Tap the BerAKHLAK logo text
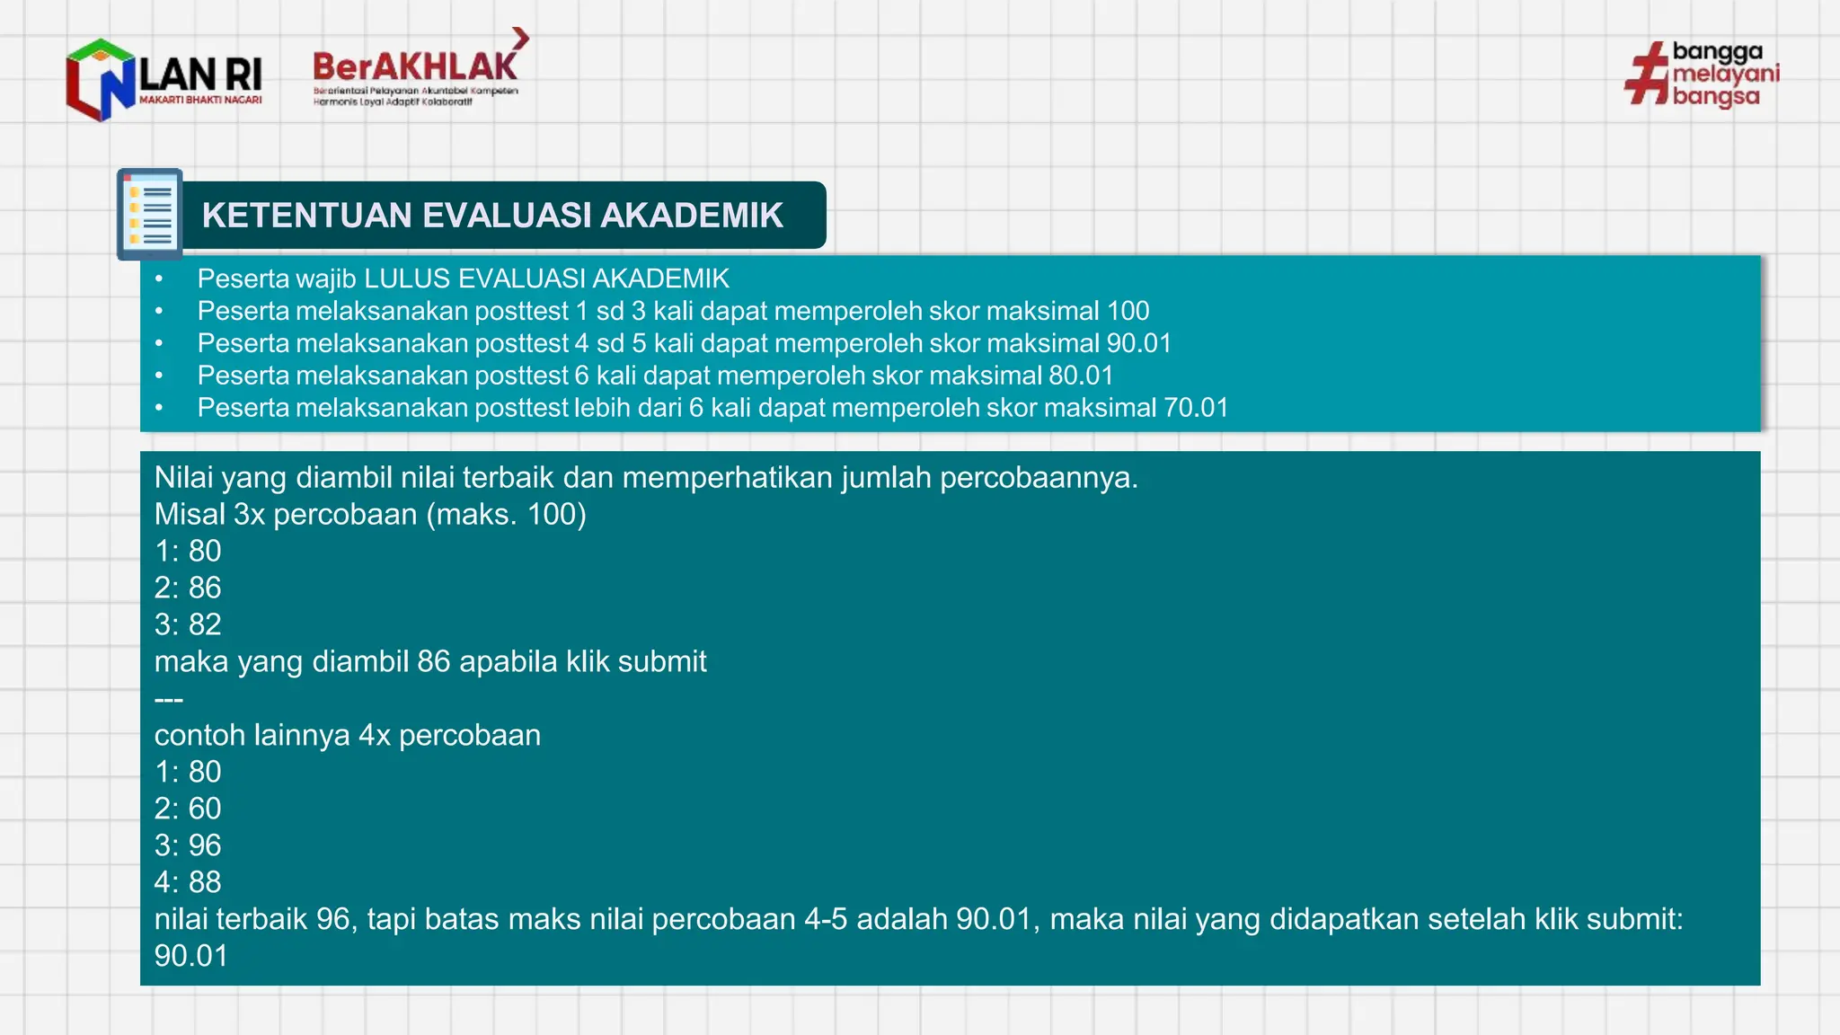414,67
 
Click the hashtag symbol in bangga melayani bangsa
1647,75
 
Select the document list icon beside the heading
150,214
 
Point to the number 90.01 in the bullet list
1138,343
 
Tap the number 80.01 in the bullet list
1081,376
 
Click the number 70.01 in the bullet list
1196,408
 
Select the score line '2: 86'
188,588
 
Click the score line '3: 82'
188,624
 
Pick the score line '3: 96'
188,845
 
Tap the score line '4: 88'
188,882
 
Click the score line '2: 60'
188,809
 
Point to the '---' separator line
169,699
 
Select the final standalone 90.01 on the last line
191,956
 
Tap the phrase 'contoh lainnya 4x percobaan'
348,736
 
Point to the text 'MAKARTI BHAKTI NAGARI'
200,100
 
